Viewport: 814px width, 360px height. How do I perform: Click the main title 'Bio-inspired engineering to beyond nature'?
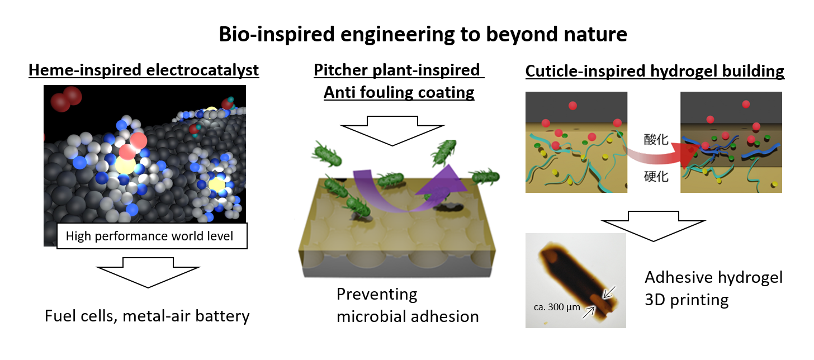click(x=423, y=35)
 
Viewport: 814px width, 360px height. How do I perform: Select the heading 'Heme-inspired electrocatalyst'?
click(x=144, y=70)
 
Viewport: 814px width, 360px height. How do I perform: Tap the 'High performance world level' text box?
click(x=152, y=236)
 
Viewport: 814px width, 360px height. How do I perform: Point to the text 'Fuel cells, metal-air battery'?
click(x=147, y=316)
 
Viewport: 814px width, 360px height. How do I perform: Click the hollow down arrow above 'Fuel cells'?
click(x=148, y=272)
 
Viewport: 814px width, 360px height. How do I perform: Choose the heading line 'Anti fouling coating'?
click(x=399, y=92)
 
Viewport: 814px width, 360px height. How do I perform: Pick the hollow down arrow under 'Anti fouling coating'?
click(x=392, y=131)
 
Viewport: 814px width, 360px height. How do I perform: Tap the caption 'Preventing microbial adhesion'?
click(x=408, y=305)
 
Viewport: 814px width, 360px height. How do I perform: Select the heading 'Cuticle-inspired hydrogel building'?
click(x=655, y=71)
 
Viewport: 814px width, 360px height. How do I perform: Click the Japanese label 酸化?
click(x=656, y=140)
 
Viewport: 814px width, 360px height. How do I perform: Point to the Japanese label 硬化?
click(x=656, y=177)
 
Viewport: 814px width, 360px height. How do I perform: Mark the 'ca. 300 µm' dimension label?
click(x=557, y=307)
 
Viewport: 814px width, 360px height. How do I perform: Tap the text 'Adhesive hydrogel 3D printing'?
click(x=713, y=288)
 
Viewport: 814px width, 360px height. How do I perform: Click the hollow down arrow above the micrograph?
click(x=654, y=226)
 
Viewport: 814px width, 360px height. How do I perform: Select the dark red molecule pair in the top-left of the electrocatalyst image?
click(x=67, y=98)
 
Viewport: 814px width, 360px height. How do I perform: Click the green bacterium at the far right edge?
click(x=486, y=177)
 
